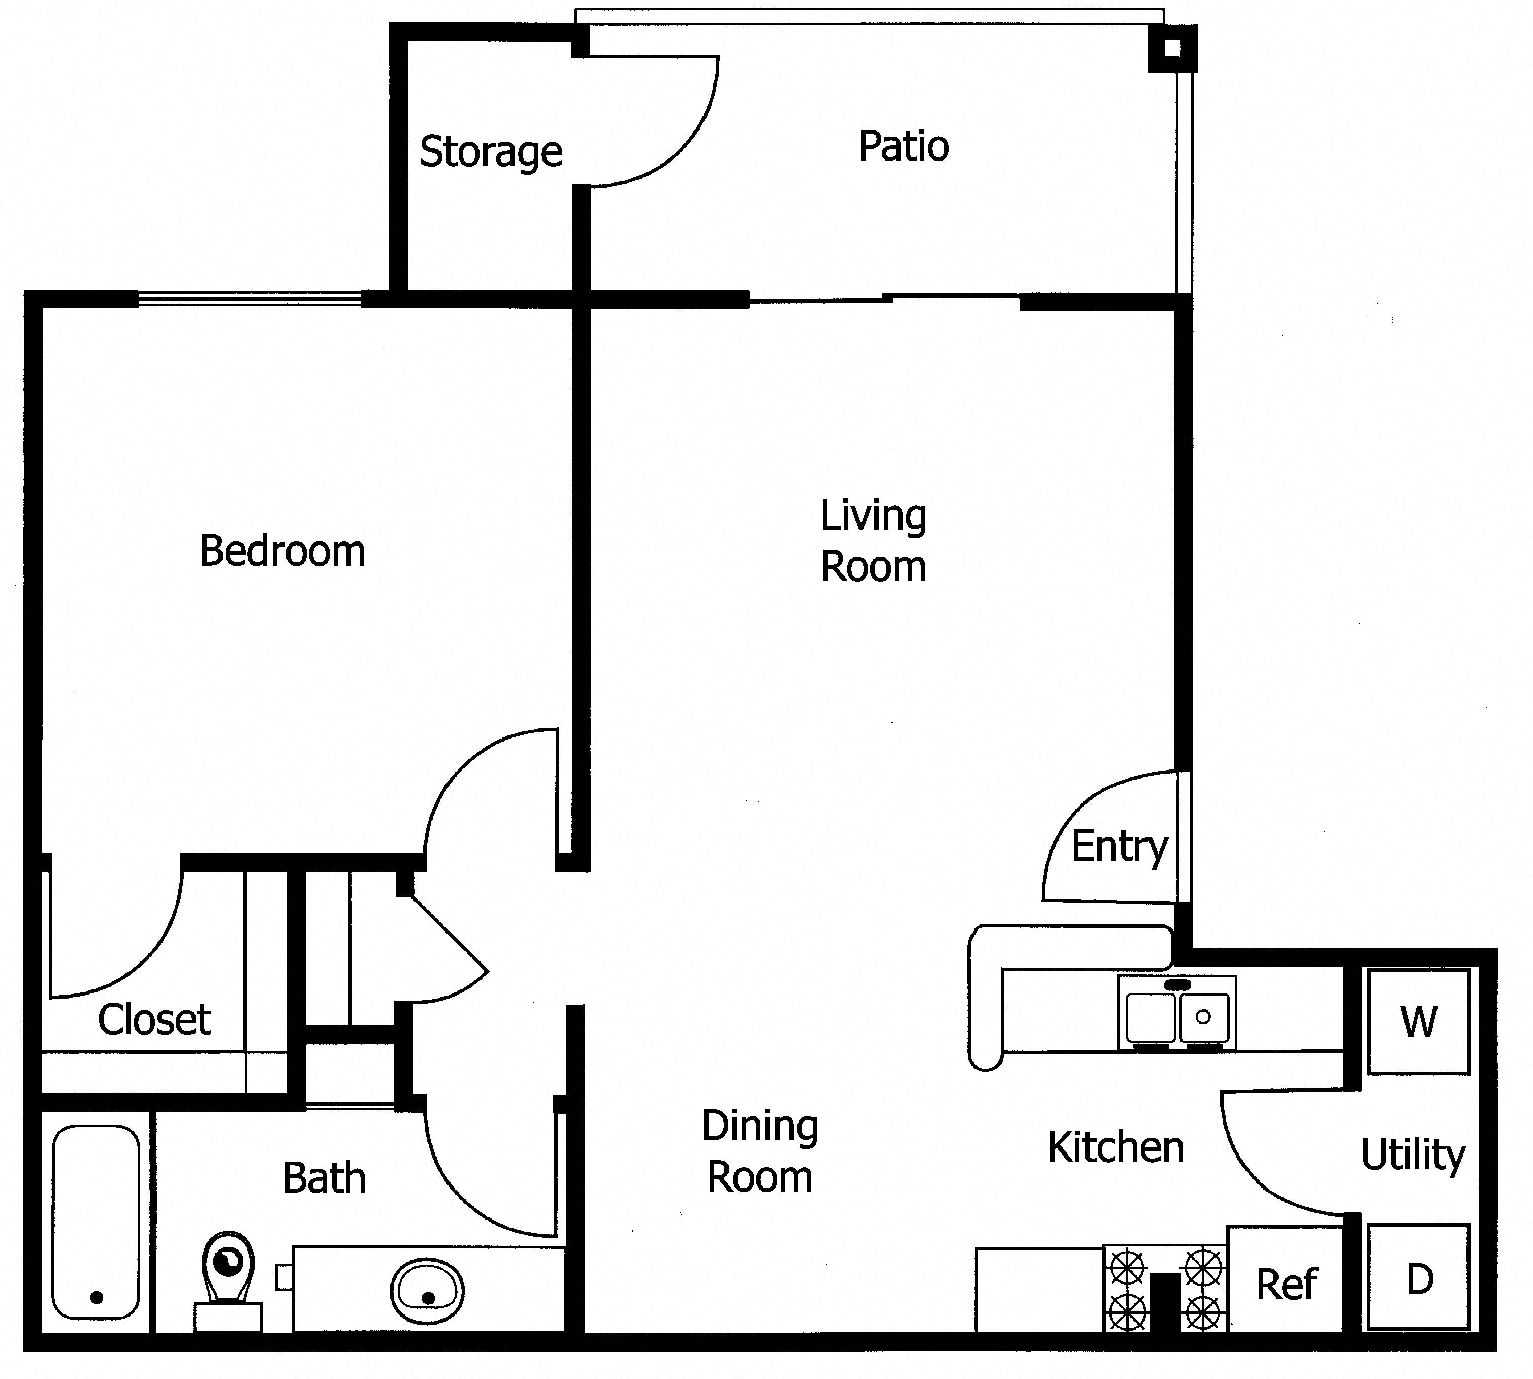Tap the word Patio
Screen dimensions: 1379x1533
click(903, 146)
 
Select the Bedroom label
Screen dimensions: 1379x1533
click(282, 551)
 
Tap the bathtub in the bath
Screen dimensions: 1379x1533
click(96, 1222)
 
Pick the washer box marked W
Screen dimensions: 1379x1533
click(1418, 1021)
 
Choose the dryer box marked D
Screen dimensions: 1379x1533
click(1418, 1278)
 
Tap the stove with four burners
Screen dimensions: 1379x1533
click(1165, 1288)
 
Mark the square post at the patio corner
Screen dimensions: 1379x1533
click(1171, 48)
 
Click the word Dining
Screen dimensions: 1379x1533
click(759, 1126)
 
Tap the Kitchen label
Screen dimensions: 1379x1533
click(1115, 1147)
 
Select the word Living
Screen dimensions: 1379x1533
click(873, 516)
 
